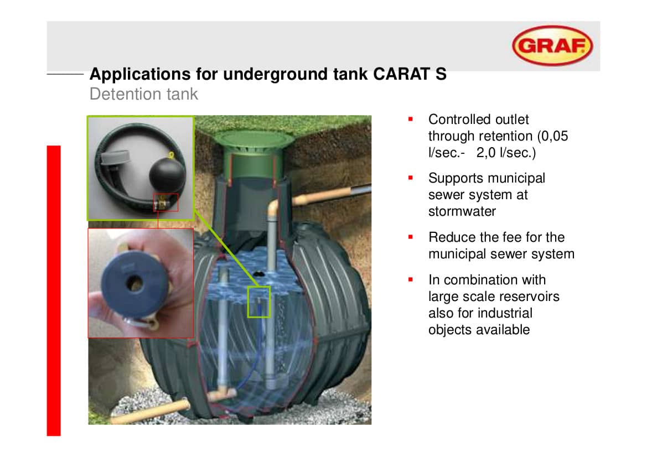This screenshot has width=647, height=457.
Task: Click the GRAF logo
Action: coord(552,45)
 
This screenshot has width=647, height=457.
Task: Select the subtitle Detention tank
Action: coord(143,94)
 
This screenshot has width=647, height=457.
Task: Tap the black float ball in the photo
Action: coord(167,175)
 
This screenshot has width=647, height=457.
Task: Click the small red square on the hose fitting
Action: coord(166,202)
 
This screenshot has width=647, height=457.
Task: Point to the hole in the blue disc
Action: coord(134,283)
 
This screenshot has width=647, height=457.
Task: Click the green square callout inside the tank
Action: coord(258,302)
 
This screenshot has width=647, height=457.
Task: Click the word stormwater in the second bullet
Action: coord(462,211)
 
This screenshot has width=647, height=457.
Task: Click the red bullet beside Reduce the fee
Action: coord(411,237)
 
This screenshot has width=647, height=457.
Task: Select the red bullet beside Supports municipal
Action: coord(411,178)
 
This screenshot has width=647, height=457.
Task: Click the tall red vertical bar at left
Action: coord(54,290)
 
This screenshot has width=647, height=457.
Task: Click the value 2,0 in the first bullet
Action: coord(485,153)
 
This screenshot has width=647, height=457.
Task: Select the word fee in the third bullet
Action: coord(510,237)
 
